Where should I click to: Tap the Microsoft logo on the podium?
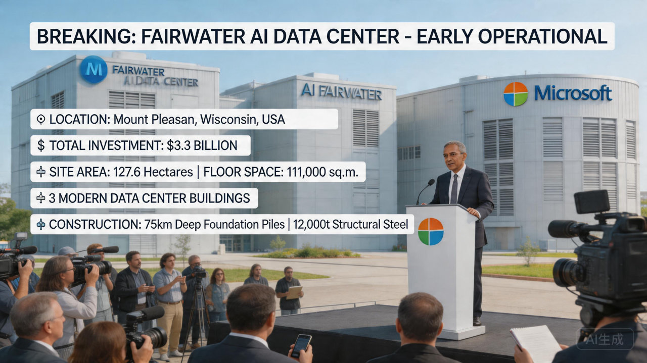[431, 231]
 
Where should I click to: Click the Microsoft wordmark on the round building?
[573, 93]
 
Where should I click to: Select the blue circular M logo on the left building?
[94, 70]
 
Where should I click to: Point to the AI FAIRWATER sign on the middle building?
[341, 92]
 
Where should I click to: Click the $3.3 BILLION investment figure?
[202, 146]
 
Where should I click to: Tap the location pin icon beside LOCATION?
[41, 120]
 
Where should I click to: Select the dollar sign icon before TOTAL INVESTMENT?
[41, 146]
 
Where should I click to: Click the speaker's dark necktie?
[454, 188]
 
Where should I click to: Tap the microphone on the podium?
[430, 183]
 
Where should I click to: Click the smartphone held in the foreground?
[301, 345]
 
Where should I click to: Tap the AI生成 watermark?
[605, 339]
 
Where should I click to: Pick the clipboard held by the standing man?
[294, 292]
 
